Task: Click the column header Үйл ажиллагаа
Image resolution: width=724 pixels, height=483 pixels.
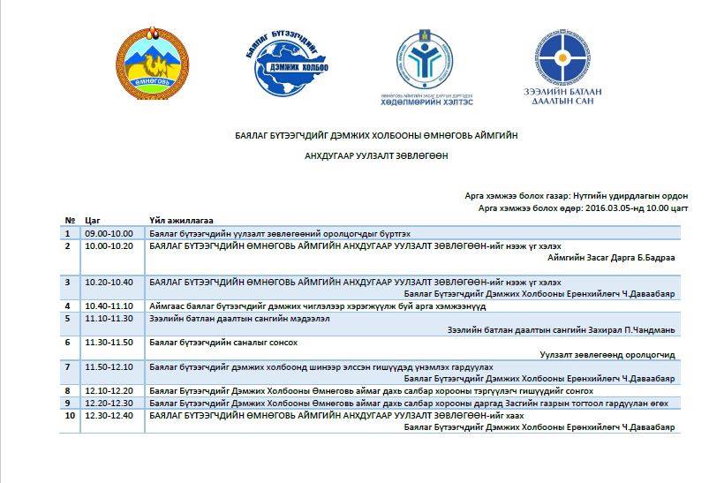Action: pos(181,220)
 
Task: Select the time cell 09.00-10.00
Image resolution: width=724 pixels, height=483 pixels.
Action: pos(109,232)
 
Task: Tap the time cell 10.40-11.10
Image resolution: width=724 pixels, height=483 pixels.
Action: pos(109,306)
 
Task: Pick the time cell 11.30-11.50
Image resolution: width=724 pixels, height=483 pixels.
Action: pos(109,342)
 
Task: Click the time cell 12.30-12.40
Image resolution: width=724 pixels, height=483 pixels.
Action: pos(109,415)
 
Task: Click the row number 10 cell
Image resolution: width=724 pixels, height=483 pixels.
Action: pos(70,415)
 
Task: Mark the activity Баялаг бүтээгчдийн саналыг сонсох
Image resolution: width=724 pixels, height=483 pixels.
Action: pos(223,342)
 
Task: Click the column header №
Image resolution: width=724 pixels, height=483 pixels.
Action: pos(69,220)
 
